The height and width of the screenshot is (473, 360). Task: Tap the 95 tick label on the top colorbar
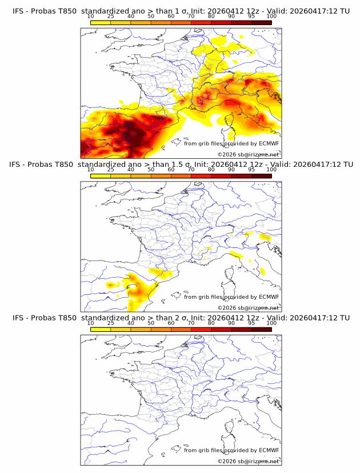point(251,17)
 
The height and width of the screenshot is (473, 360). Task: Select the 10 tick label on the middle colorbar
point(91,170)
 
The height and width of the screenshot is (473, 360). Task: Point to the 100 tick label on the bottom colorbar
point(271,323)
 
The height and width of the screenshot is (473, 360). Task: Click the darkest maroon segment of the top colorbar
point(261,23)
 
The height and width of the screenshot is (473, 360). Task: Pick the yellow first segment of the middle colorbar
point(101,176)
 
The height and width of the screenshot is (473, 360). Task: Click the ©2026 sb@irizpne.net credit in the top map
point(248,154)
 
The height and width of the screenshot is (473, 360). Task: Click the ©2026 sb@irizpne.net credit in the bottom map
point(248,461)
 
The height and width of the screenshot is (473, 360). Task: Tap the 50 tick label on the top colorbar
point(151,17)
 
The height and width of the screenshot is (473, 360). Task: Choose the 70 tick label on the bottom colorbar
point(191,323)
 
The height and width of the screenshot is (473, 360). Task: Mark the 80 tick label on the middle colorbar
point(211,170)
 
